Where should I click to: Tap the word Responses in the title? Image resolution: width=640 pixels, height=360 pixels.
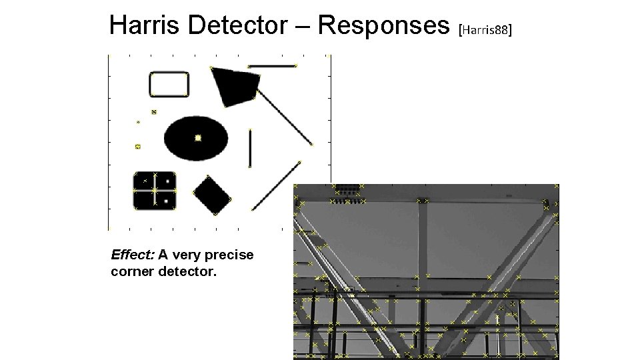(383, 26)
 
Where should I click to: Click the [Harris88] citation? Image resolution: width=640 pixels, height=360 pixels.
(485, 30)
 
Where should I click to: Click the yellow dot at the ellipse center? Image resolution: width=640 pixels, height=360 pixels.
(198, 138)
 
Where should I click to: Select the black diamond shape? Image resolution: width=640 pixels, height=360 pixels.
(212, 195)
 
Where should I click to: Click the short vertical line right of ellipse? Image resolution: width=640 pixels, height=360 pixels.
(250, 148)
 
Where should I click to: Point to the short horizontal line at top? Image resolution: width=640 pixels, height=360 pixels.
(271, 66)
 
